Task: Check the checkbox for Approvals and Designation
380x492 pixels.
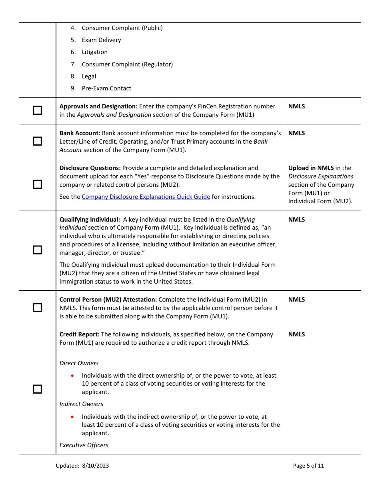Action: tap(37, 110)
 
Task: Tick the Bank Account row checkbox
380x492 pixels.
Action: tap(37, 141)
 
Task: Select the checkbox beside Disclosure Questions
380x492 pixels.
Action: tap(37, 184)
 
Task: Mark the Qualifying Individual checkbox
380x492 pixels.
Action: tap(37, 250)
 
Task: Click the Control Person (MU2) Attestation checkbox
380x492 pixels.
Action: tap(37, 308)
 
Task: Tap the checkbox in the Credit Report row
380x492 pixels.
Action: tap(37, 389)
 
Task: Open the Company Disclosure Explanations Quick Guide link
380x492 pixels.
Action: tap(146, 197)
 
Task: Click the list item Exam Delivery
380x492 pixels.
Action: tap(101, 40)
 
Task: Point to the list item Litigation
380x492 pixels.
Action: tap(94, 52)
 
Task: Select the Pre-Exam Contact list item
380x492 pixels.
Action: tap(106, 88)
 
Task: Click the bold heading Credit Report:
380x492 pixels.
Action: tap(79, 334)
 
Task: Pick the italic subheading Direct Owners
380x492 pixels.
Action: tap(79, 363)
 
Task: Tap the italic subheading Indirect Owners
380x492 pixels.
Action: tap(81, 404)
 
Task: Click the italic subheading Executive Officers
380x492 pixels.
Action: tap(84, 445)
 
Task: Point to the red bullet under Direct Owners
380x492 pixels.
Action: tap(72, 376)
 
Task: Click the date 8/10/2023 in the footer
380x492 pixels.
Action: tap(96, 466)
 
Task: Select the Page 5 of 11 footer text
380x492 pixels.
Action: tap(308, 466)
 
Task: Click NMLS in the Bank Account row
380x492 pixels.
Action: tap(296, 133)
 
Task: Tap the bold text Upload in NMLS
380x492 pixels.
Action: tap(311, 168)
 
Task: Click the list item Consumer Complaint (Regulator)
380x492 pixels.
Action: tap(127, 64)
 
